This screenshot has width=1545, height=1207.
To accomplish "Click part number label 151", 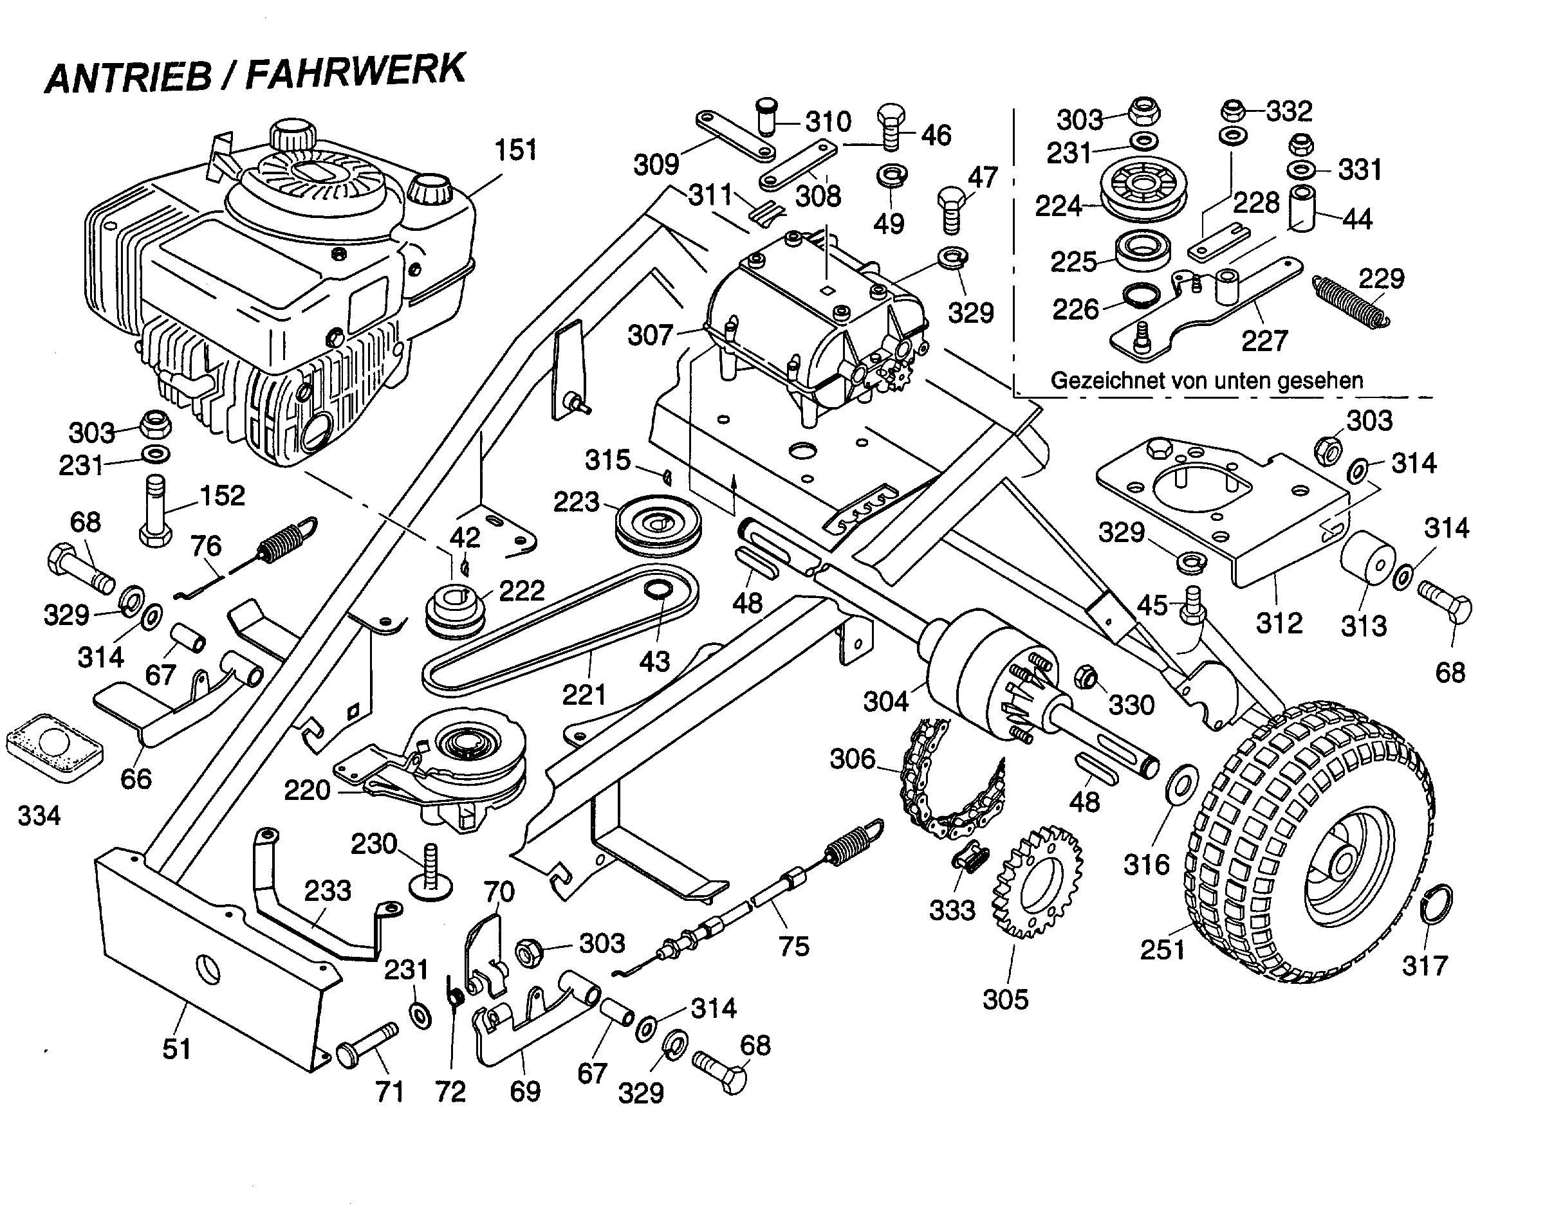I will point(515,150).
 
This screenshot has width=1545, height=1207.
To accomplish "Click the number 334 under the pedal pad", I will point(39,816).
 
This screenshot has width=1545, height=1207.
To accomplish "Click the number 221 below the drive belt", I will point(584,695).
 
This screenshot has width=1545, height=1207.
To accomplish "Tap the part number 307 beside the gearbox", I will point(649,335).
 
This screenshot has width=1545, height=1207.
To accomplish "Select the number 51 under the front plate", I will point(177,1049).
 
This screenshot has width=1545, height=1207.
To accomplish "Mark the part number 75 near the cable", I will point(793,946).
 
